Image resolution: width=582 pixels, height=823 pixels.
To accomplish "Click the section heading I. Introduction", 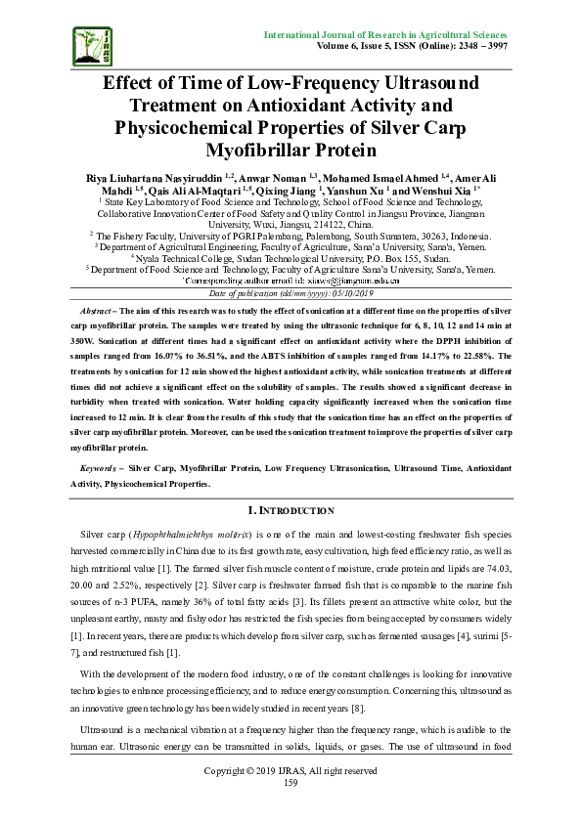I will [x=291, y=510].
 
